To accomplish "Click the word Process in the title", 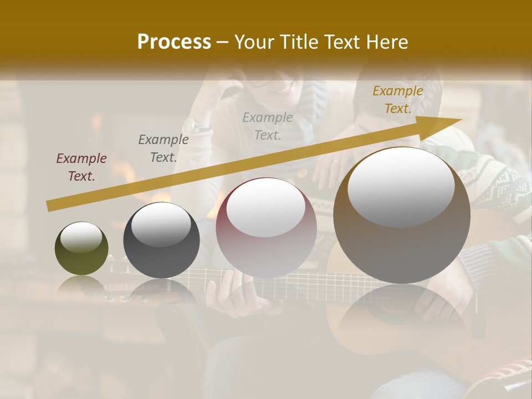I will pyautogui.click(x=174, y=42).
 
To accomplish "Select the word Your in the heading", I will pyautogui.click(x=251, y=42).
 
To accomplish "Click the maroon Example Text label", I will pyautogui.click(x=81, y=167).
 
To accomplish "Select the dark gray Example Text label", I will pyautogui.click(x=163, y=149).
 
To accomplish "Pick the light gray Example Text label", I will pyautogui.click(x=268, y=126).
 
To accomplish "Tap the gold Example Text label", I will pyautogui.click(x=397, y=100).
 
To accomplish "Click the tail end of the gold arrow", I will pyautogui.click(x=50, y=206).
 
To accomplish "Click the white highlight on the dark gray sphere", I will pyautogui.click(x=161, y=224).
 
